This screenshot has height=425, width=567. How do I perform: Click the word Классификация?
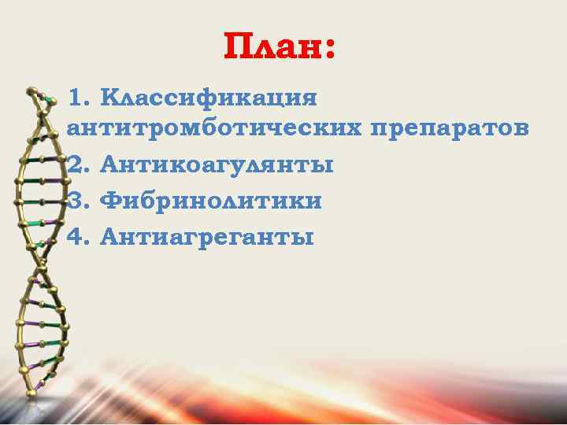(x=210, y=100)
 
